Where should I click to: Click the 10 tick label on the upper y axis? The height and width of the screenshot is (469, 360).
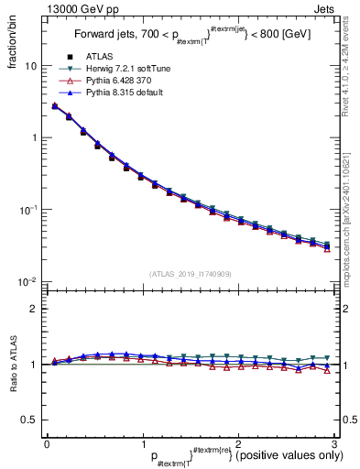[x=29, y=67]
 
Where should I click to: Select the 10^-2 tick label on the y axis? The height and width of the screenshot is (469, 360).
[x=27, y=281]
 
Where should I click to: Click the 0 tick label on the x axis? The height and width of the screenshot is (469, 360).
[x=48, y=443]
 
